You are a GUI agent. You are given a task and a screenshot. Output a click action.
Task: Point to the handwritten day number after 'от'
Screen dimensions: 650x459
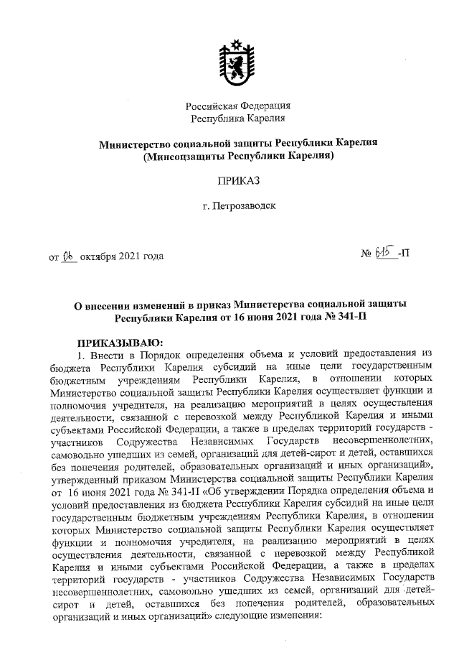pyautogui.click(x=69, y=256)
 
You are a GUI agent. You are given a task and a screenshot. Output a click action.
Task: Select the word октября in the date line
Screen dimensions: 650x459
pyautogui.click(x=98, y=256)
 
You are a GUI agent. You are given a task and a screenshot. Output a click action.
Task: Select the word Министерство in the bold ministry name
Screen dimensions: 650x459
pyautogui.click(x=138, y=142)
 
